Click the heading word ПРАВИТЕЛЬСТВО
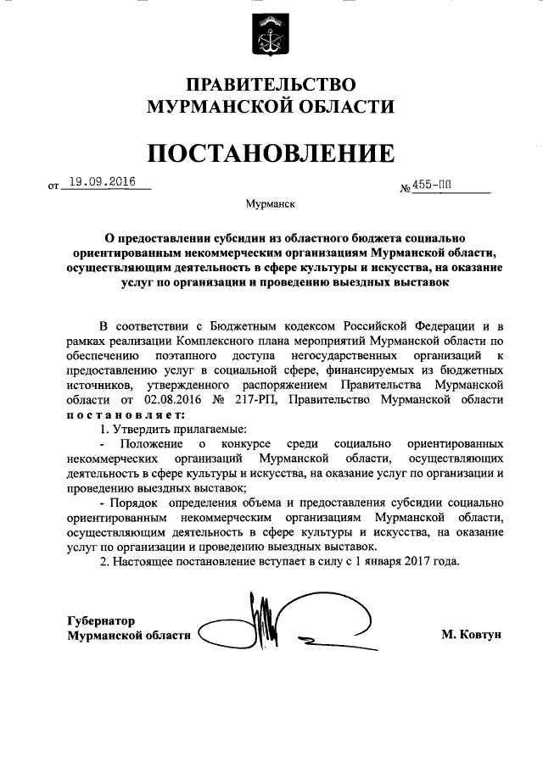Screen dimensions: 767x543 click(271, 85)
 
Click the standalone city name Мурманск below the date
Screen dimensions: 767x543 click(271, 204)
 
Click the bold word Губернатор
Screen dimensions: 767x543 click(101, 620)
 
